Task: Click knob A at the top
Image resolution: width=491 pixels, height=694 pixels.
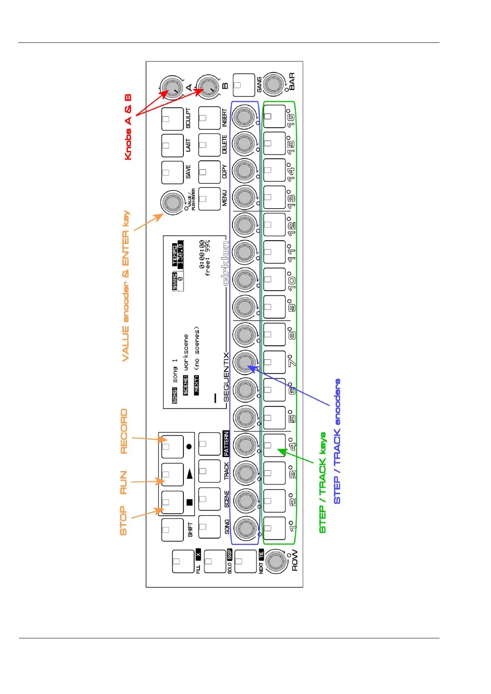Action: pyautogui.click(x=169, y=87)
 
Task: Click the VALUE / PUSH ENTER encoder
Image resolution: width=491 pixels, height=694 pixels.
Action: pyautogui.click(x=172, y=202)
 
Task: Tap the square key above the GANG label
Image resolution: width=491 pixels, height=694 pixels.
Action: pyautogui.click(x=244, y=84)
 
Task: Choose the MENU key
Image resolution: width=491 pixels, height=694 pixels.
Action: pyautogui.click(x=209, y=199)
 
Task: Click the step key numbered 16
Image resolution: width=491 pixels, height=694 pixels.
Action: pyautogui.click(x=274, y=116)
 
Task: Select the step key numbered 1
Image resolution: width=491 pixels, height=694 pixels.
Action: pyautogui.click(x=274, y=528)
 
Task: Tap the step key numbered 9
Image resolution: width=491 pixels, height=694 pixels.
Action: pyautogui.click(x=274, y=307)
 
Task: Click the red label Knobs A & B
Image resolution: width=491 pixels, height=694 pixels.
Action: pyautogui.click(x=128, y=127)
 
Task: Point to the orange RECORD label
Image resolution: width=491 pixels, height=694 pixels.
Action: pyautogui.click(x=124, y=431)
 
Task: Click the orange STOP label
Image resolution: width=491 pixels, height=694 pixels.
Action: pyautogui.click(x=123, y=521)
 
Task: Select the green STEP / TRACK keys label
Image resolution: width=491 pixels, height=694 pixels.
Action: pyautogui.click(x=323, y=482)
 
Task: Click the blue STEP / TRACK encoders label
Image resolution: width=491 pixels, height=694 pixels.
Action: pyautogui.click(x=337, y=441)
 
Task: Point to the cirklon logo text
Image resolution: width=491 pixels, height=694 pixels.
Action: pyautogui.click(x=226, y=267)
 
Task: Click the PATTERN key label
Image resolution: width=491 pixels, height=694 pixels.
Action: pyautogui.click(x=226, y=443)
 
